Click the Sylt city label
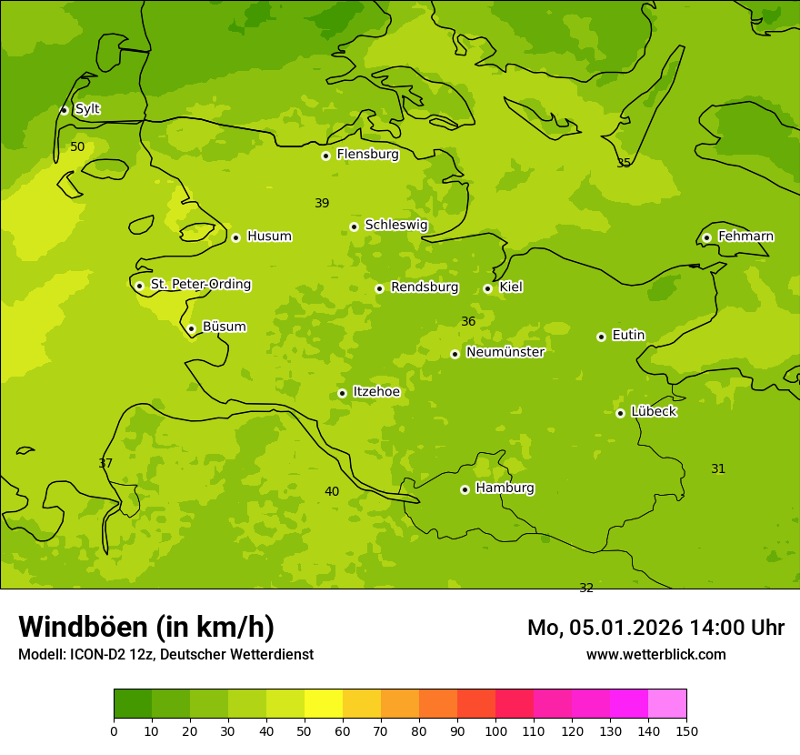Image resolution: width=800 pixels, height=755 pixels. click(87, 109)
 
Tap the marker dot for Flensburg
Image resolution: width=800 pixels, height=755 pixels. click(325, 156)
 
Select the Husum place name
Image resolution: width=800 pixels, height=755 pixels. click(269, 237)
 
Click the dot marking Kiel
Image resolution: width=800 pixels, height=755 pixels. click(487, 288)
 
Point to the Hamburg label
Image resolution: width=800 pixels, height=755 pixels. click(505, 488)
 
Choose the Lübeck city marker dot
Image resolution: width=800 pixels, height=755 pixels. click(620, 413)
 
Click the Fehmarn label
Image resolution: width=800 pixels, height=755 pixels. click(745, 237)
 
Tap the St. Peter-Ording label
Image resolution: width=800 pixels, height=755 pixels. click(200, 285)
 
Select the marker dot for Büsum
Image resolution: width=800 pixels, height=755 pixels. click(191, 328)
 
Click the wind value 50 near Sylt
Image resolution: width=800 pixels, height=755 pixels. click(77, 146)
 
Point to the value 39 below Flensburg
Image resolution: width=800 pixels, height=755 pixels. click(322, 203)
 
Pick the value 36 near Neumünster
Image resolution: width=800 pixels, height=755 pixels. click(468, 321)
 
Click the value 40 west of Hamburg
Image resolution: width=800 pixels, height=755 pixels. click(332, 491)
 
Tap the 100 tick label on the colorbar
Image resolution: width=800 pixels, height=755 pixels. click(495, 730)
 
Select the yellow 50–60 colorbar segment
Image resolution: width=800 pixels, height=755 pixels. click(324, 703)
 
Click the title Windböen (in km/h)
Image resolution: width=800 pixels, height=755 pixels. click(146, 627)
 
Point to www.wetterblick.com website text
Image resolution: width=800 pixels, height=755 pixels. click(655, 654)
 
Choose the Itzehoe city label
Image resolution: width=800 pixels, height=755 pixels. click(376, 392)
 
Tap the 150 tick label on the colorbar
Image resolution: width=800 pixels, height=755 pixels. click(686, 730)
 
